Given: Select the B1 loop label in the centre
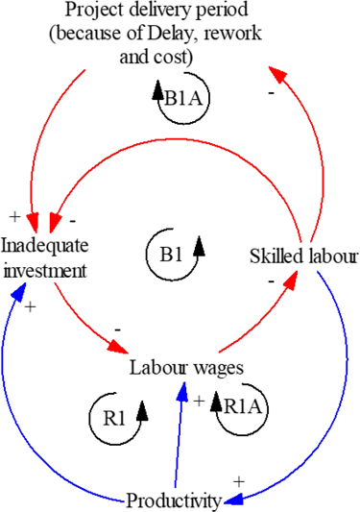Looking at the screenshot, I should pyautogui.click(x=171, y=255).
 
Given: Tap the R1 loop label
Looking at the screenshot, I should pyautogui.click(x=114, y=418).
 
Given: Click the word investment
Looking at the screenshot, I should pyautogui.click(x=45, y=270).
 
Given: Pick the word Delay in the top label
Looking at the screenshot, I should pyautogui.click(x=200, y=35).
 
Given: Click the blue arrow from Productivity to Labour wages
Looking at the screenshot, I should pyautogui.click(x=179, y=432).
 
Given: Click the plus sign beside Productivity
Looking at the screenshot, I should pyautogui.click(x=240, y=479).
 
